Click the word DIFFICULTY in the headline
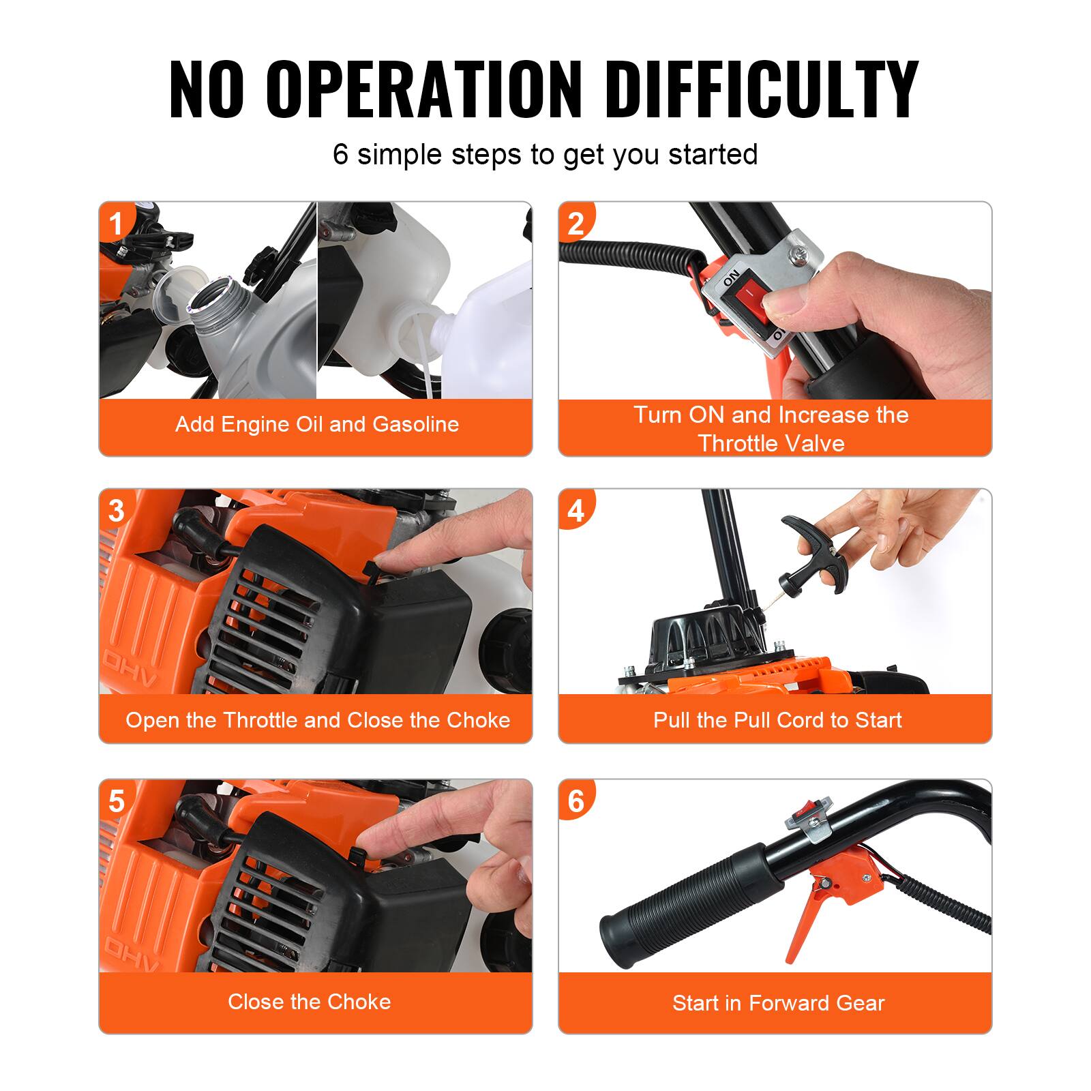tap(762, 90)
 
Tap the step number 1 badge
tap(117, 223)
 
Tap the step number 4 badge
tap(576, 511)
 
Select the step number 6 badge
tap(576, 801)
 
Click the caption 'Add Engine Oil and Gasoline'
tap(316, 424)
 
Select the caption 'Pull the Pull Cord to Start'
tap(777, 720)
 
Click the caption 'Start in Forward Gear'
tap(778, 1003)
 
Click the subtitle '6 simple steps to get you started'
tap(545, 154)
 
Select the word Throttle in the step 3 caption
tap(265, 720)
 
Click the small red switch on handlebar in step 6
tap(804, 811)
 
